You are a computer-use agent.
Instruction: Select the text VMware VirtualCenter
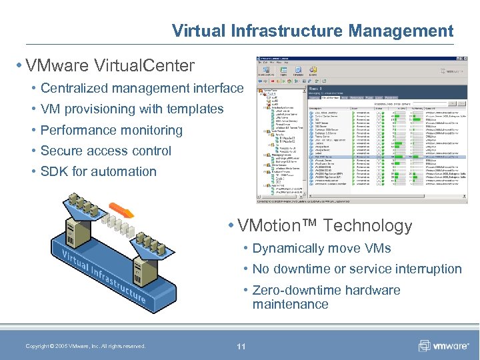tap(109, 66)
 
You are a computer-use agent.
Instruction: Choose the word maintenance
tap(290, 304)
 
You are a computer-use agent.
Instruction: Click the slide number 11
tap(241, 346)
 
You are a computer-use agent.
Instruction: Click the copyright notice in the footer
tap(85, 346)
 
